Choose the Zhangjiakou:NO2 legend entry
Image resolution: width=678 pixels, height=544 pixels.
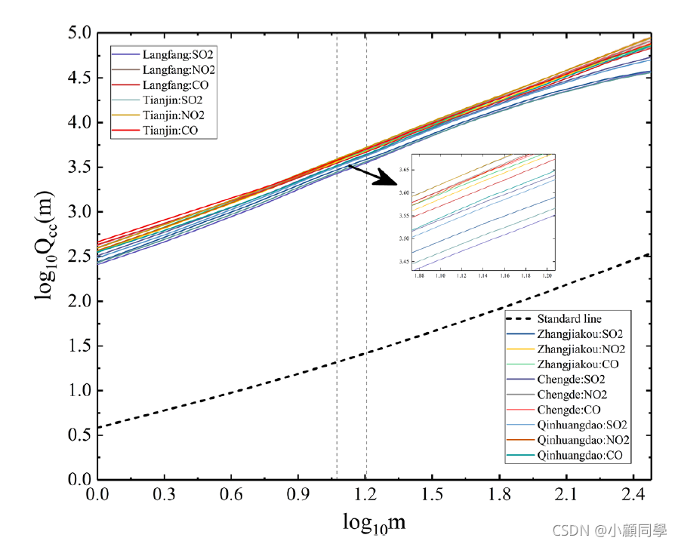[580, 349]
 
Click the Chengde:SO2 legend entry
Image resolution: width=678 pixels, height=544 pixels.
[571, 380]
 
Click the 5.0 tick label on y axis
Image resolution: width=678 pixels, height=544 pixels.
[79, 33]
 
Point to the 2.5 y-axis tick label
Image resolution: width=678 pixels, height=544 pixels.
[79, 257]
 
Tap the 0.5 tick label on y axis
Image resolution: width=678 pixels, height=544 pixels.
[79, 435]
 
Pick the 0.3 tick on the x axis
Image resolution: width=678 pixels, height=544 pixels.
[164, 494]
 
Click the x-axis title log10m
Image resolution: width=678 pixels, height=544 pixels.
[369, 522]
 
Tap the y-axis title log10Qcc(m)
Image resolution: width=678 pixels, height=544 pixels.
[47, 257]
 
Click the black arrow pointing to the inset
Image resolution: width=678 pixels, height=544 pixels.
[374, 175]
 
